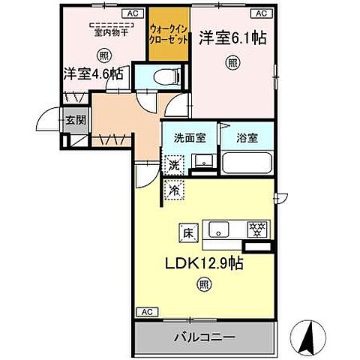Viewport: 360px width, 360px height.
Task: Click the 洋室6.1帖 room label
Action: pos(233,37)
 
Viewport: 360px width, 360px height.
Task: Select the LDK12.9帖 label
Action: pos(202,264)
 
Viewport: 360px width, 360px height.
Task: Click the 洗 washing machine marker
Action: pos(172,164)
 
